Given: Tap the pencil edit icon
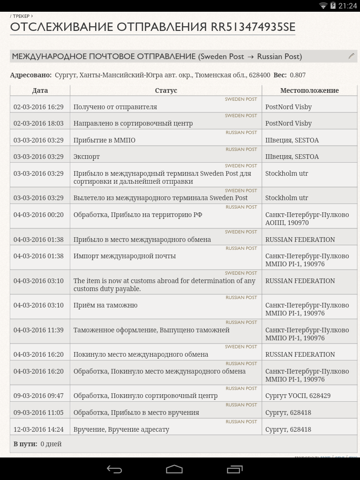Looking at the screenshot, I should [351, 56].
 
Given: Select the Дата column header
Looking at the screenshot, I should [40, 90].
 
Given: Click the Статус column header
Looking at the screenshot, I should [166, 90].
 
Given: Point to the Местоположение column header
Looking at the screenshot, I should [309, 90].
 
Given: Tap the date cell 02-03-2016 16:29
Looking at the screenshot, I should [38, 107].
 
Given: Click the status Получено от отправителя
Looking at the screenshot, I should [115, 107].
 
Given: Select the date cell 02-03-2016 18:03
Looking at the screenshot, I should [38, 123].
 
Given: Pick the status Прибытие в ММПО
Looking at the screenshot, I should [105, 140].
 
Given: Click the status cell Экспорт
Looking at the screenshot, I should [87, 157].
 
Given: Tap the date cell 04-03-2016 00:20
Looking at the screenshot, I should [38, 215].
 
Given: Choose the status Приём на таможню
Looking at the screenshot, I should [105, 305].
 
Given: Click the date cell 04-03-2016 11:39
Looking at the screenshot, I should [38, 330].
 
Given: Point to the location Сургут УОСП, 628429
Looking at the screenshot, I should [298, 396].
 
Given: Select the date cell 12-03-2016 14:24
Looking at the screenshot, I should [38, 429].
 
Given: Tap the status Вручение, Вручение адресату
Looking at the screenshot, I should [121, 429].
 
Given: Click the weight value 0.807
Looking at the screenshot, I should [298, 75].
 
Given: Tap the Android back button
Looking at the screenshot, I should [114, 469].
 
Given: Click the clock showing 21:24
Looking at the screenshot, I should [347, 6].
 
